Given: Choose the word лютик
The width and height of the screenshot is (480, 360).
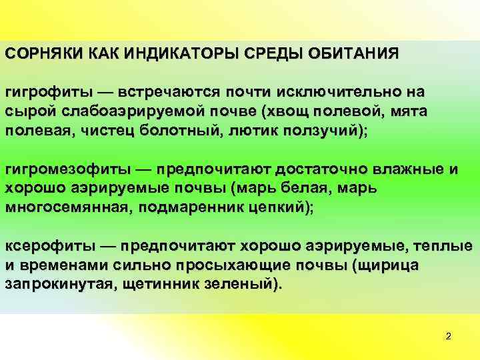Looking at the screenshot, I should [252, 129].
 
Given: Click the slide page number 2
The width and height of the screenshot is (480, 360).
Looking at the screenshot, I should [448, 336].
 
